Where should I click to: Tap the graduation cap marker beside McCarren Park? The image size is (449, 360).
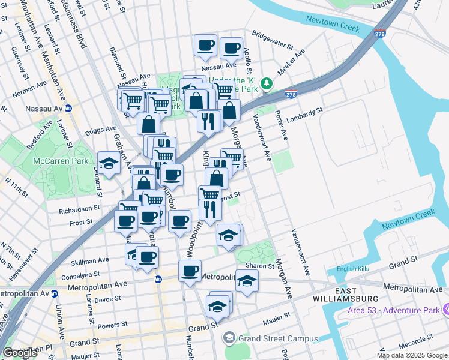pos(109,163)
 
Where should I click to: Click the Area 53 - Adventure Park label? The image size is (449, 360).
pos(393,310)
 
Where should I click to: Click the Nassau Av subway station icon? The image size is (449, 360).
pos(68,109)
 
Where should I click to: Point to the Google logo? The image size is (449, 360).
pos(20,353)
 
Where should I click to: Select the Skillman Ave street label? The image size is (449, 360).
pos(90,260)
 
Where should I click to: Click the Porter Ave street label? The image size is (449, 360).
pos(281,126)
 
